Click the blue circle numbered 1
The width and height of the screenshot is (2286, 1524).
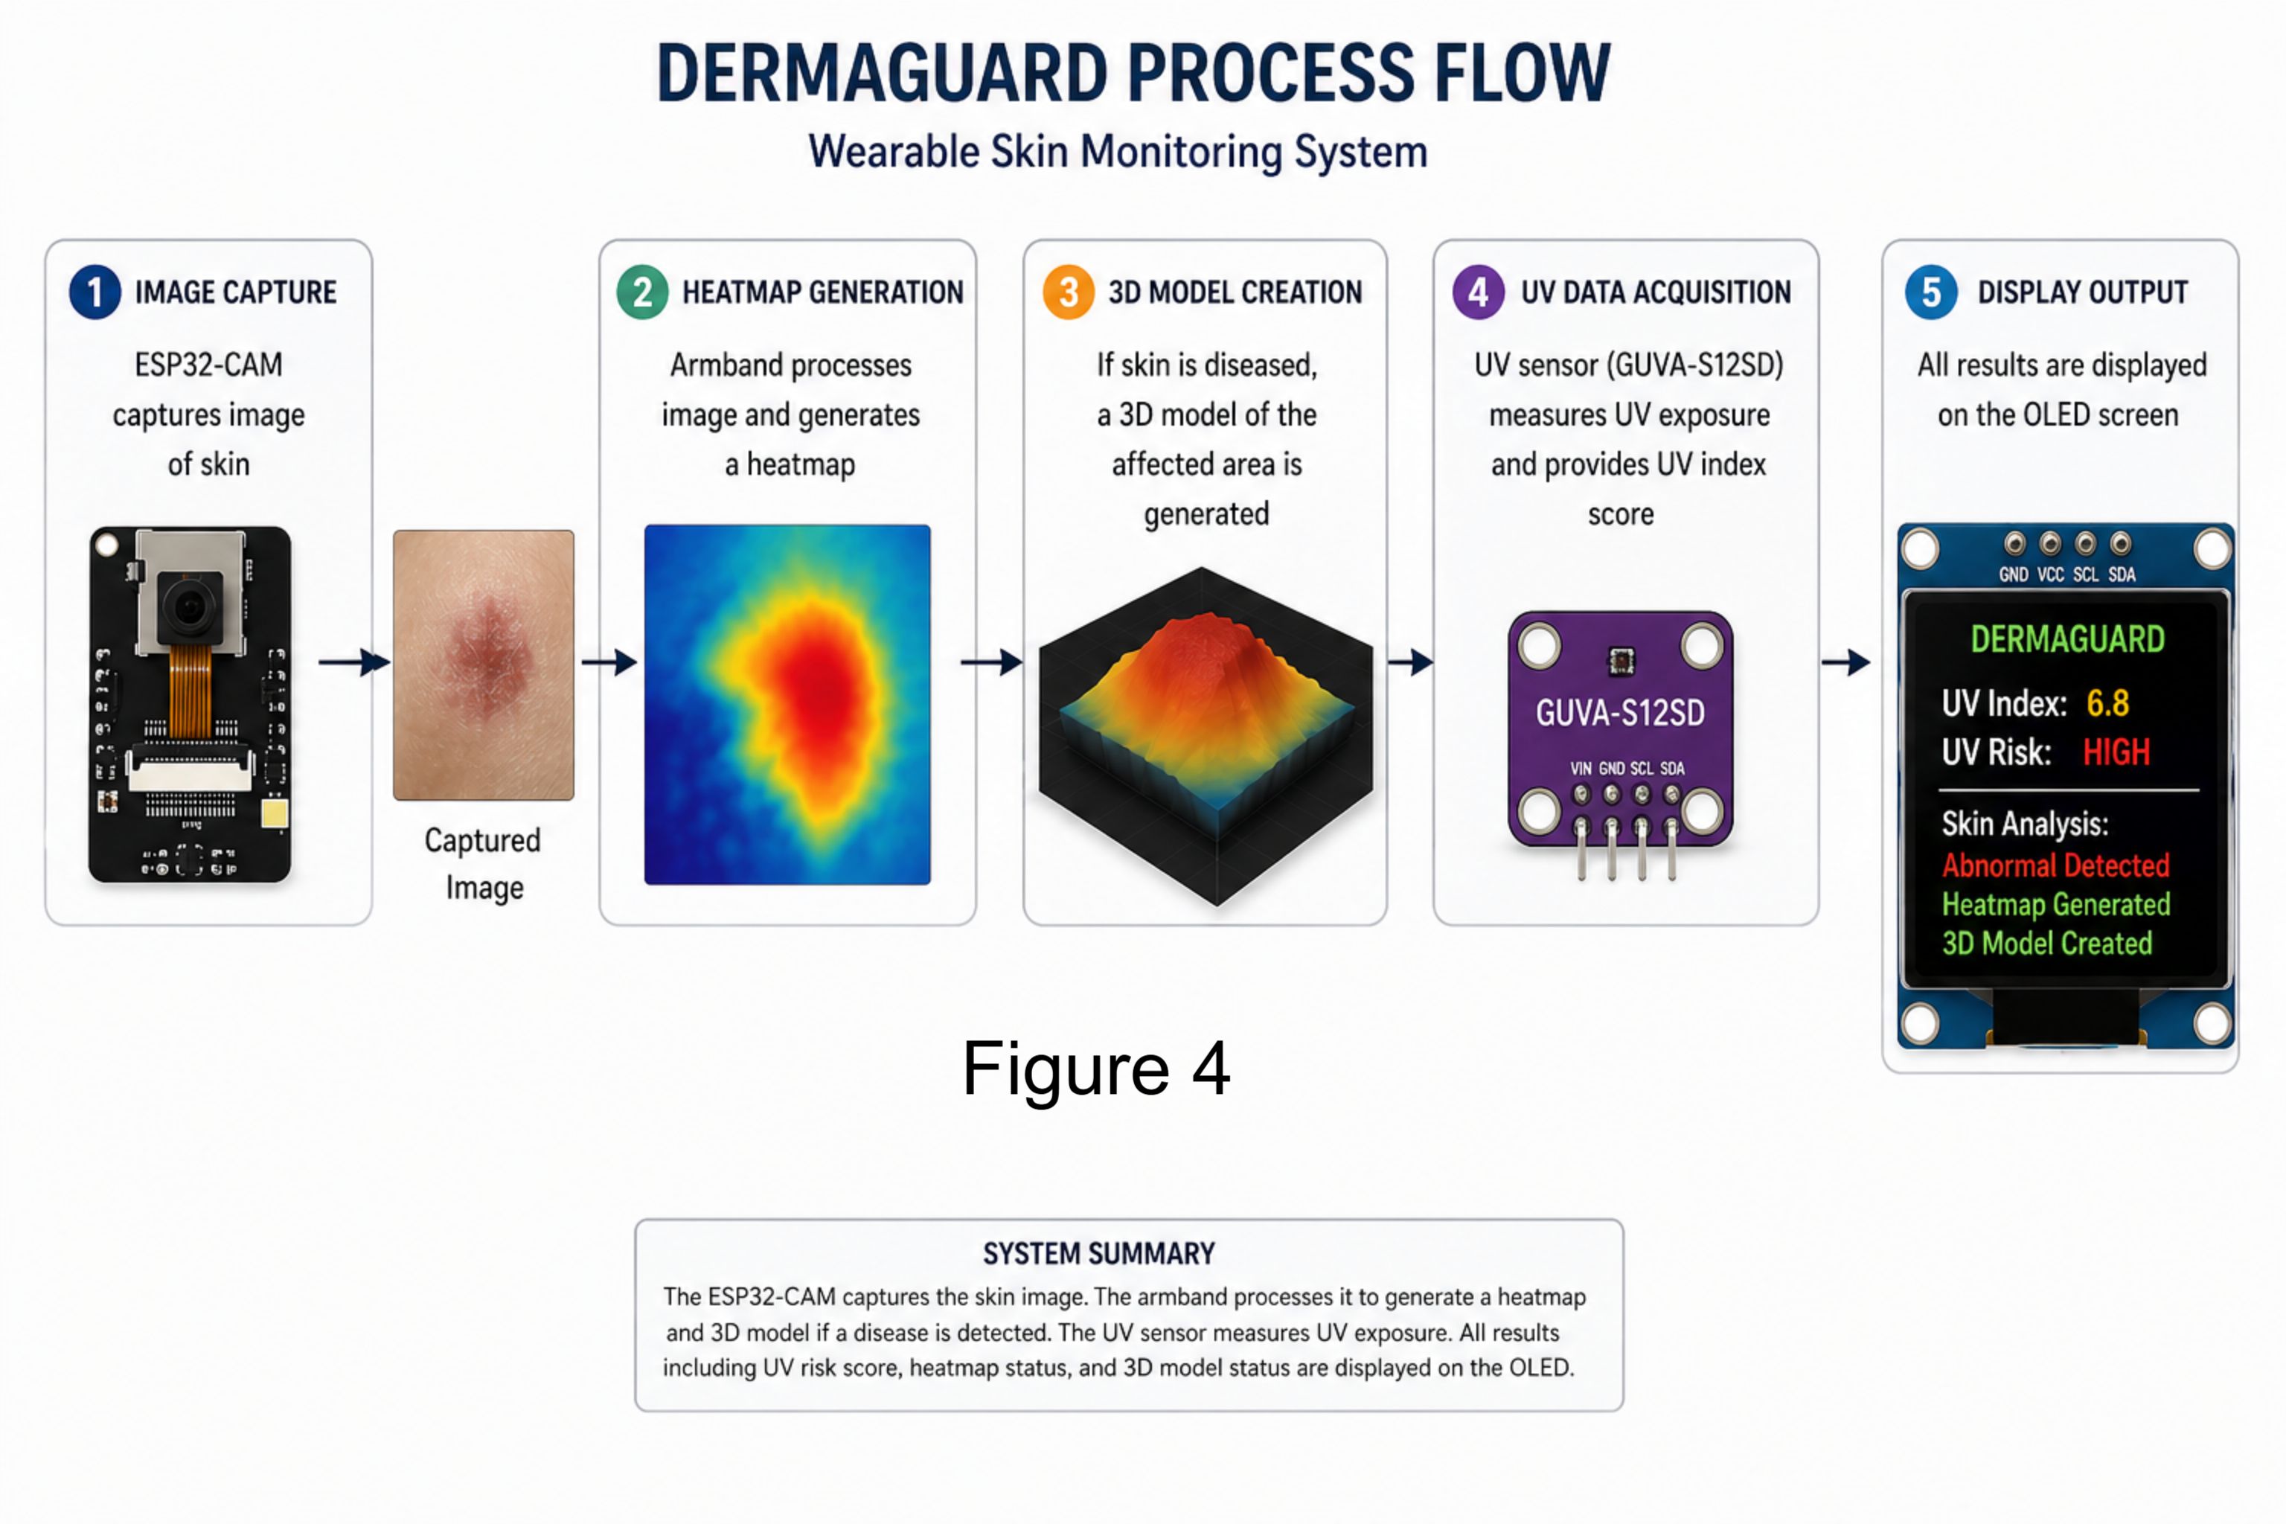coord(95,292)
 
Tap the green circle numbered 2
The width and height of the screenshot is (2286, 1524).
coord(642,292)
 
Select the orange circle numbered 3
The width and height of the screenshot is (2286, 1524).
coord(1068,292)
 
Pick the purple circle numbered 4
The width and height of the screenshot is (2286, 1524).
coord(1479,292)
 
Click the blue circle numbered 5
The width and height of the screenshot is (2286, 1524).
coord(1931,292)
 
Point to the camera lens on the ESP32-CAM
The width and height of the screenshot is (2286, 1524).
coord(188,607)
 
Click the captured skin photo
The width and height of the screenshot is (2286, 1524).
coord(483,665)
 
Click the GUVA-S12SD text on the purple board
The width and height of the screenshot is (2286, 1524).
coord(1620,714)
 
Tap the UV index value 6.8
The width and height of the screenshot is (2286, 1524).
coord(2107,702)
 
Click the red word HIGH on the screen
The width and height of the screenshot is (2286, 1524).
coord(2116,752)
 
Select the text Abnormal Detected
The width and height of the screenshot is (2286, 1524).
coord(2055,865)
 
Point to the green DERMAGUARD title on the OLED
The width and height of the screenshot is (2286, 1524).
coord(2067,638)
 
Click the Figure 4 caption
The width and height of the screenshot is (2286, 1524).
coord(1096,1068)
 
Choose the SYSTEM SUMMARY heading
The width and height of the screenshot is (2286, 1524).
coord(1098,1254)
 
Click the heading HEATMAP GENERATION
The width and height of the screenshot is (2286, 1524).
coord(822,292)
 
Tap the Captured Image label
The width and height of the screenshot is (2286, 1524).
coord(483,864)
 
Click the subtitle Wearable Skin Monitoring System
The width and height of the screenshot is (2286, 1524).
coord(1118,152)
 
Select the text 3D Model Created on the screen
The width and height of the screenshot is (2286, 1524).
coord(2047,943)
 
